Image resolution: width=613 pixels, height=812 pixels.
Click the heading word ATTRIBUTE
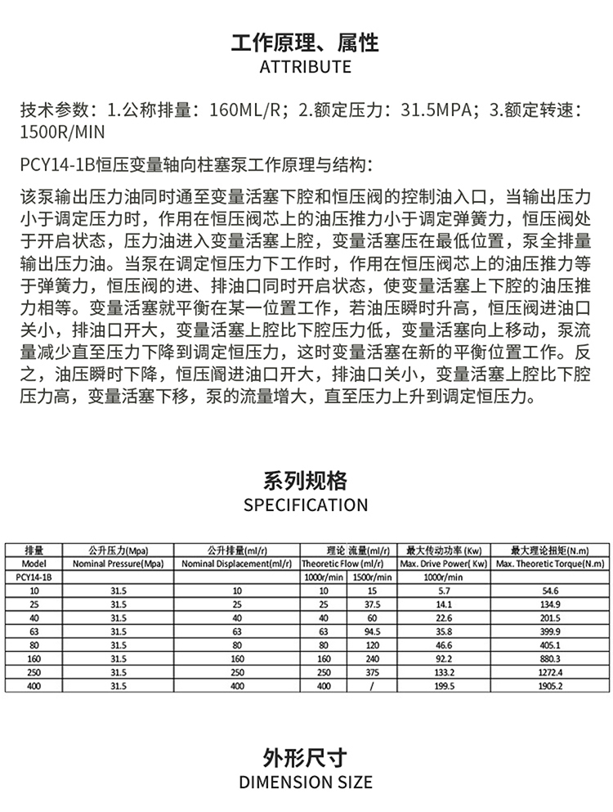pyautogui.click(x=306, y=67)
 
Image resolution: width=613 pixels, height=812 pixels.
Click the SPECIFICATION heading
pyautogui.click(x=306, y=505)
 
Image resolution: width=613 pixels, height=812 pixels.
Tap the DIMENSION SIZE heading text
pyautogui.click(x=306, y=783)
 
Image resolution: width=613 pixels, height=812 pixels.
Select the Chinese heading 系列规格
pyautogui.click(x=306, y=480)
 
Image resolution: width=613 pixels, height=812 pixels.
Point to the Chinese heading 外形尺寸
pyautogui.click(x=306, y=756)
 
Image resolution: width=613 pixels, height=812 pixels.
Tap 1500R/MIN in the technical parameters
pyautogui.click(x=63, y=132)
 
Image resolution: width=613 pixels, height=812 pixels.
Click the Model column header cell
pyautogui.click(x=34, y=564)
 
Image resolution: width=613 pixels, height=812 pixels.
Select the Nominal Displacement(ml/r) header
pyautogui.click(x=237, y=564)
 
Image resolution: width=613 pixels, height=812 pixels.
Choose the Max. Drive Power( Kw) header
pyautogui.click(x=443, y=564)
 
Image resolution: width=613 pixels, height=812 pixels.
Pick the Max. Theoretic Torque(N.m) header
pyautogui.click(x=549, y=564)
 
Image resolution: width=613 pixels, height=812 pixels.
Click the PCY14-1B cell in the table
pyautogui.click(x=34, y=577)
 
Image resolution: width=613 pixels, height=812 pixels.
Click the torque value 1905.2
pyautogui.click(x=549, y=685)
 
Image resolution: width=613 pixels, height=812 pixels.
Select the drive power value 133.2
pyautogui.click(x=443, y=672)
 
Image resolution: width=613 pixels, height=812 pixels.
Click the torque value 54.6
pyautogui.click(x=549, y=590)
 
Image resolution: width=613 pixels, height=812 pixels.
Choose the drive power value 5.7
pyautogui.click(x=443, y=590)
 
